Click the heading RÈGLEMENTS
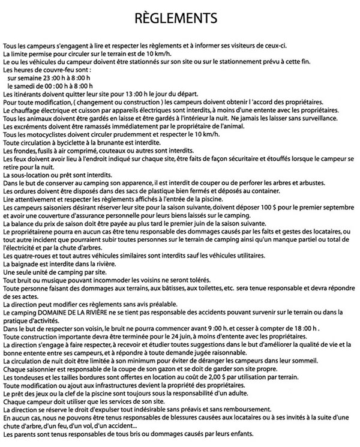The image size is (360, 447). tap(180, 17)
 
